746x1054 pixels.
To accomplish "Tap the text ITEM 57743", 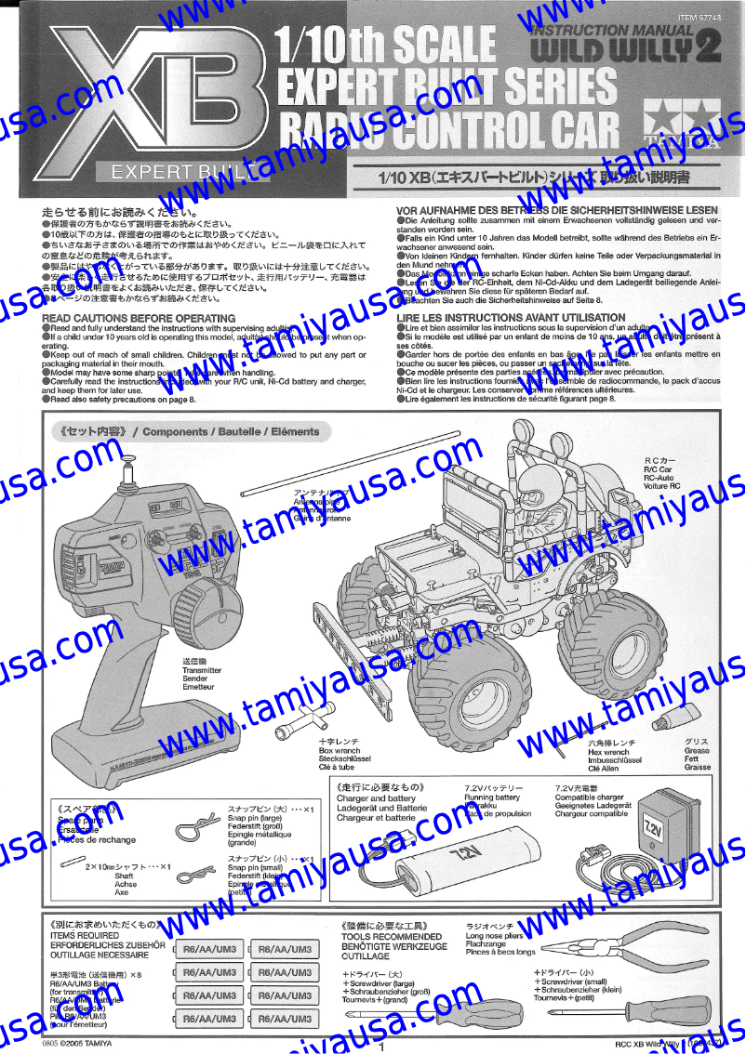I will click(x=699, y=18).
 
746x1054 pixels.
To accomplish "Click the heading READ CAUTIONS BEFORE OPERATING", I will click(x=139, y=318).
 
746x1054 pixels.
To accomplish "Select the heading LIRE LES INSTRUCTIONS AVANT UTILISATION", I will click(x=511, y=318).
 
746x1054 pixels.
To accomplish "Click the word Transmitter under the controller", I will click(x=202, y=669).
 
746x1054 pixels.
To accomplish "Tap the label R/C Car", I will click(x=658, y=470).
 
